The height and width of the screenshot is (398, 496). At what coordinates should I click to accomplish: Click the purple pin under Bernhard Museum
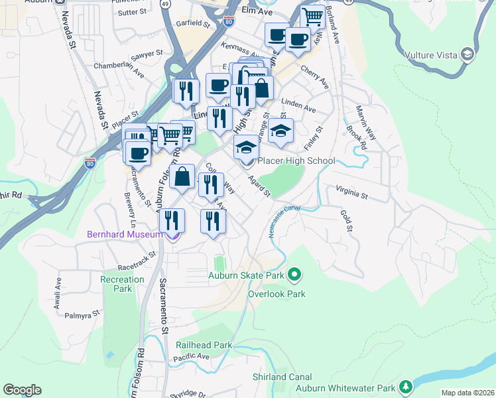pyautogui.click(x=173, y=234)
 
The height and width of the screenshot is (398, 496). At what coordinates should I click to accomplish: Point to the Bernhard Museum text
pyautogui.click(x=125, y=234)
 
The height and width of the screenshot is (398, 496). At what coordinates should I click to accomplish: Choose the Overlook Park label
pyautogui.click(x=277, y=294)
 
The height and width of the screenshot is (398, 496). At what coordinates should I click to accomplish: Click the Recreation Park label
pyautogui.click(x=122, y=284)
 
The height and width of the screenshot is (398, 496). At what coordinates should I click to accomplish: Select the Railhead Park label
pyautogui.click(x=204, y=345)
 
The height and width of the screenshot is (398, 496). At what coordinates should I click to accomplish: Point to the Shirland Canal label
pyautogui.click(x=282, y=377)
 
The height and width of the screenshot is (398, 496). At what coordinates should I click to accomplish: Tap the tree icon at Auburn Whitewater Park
pyautogui.click(x=404, y=387)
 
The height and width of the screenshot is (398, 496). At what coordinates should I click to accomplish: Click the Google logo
pyautogui.click(x=22, y=390)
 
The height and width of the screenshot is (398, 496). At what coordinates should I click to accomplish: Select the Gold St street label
pyautogui.click(x=345, y=221)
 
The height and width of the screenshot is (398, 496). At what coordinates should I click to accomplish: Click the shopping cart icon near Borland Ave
pyautogui.click(x=312, y=17)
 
